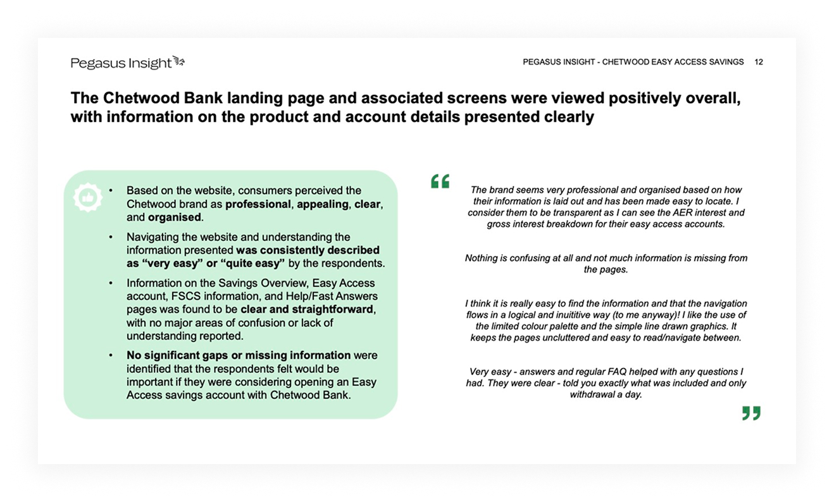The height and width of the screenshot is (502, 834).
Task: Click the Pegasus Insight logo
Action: pos(127,63)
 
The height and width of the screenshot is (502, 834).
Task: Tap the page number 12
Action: pos(759,62)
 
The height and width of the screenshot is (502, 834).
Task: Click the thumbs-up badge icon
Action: pos(87,197)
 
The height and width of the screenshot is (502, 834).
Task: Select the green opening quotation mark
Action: pos(440,182)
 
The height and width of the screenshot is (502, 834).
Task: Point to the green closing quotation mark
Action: pos(751,413)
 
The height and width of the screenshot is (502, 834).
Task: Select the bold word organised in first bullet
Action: pos(175,217)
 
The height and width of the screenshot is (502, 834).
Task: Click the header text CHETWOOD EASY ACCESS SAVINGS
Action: pos(673,62)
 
